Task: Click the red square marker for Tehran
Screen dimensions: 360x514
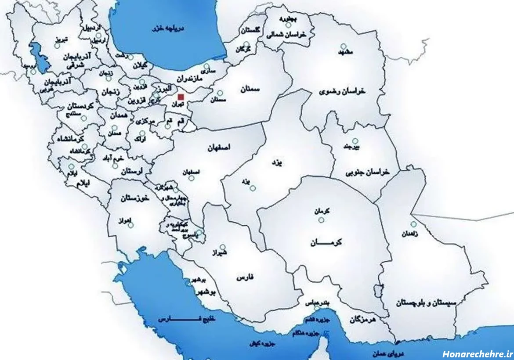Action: (181, 96)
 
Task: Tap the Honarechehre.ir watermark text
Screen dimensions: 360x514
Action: (477, 353)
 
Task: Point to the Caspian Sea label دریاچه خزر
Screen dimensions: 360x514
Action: (168, 28)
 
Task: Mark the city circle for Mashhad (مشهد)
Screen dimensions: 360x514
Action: (344, 46)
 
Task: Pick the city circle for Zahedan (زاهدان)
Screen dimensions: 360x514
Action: (413, 224)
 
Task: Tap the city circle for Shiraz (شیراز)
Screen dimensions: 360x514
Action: (223, 247)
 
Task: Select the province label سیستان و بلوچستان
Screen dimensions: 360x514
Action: (427, 303)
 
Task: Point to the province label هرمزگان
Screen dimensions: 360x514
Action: (363, 320)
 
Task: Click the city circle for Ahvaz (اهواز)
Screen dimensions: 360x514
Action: (130, 225)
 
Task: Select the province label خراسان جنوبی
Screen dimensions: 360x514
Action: (367, 173)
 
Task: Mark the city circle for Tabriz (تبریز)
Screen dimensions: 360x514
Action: (57, 46)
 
